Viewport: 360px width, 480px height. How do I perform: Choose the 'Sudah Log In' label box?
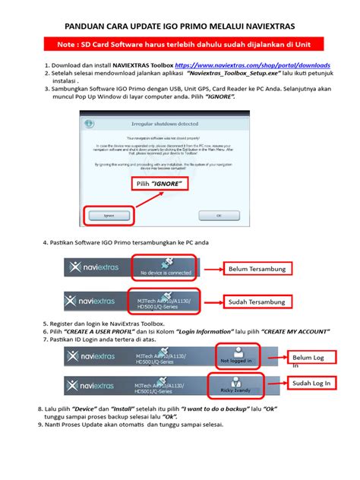311,384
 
